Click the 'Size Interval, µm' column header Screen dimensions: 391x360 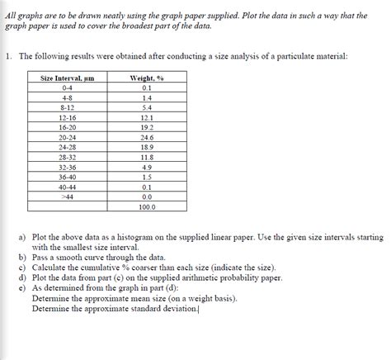(x=67, y=78)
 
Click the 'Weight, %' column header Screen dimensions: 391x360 (x=146, y=78)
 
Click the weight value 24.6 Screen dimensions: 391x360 (x=146, y=137)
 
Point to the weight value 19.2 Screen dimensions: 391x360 (x=146, y=127)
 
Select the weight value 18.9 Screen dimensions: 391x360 (x=146, y=147)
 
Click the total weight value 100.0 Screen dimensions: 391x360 (x=146, y=207)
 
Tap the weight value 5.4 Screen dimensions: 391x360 (x=146, y=107)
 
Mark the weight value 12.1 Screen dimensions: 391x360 (x=146, y=117)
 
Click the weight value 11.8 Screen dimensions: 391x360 (x=146, y=157)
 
